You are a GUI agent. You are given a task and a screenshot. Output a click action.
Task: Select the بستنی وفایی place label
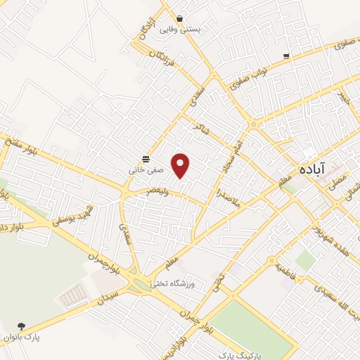coord(181,30)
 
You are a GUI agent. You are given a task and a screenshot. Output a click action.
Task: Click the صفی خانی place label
coord(146,169)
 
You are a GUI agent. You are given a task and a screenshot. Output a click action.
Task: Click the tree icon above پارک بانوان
coord(22,326)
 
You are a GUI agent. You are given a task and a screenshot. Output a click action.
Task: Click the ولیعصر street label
coord(154,190)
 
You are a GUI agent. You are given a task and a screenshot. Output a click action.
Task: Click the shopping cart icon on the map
coord(286,56)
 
